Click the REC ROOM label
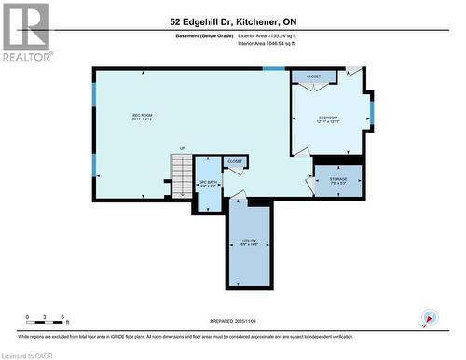point(142,117)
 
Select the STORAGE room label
point(338,181)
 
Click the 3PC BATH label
point(208,184)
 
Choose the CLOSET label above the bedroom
point(313,76)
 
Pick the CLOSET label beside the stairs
point(235,161)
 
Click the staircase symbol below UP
point(181,170)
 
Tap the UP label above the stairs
point(182,149)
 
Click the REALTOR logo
point(25,29)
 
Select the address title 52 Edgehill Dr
point(232,21)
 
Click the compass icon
point(429,317)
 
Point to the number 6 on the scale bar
point(62,318)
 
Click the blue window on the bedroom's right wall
point(370,112)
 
